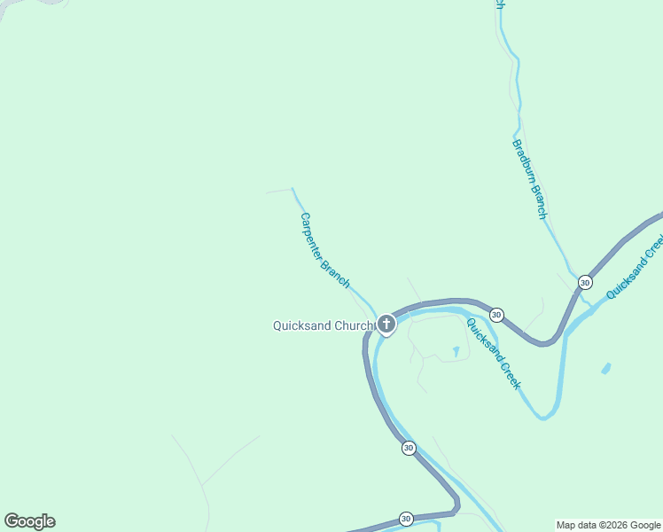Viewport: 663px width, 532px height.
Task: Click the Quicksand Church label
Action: click(324, 325)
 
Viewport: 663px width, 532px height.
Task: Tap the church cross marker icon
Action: click(386, 325)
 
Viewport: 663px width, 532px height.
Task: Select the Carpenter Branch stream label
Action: click(324, 249)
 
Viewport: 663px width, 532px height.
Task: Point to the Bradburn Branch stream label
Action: click(530, 179)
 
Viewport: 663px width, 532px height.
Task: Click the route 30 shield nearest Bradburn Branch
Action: click(585, 282)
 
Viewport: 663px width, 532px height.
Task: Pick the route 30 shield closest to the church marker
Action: click(496, 315)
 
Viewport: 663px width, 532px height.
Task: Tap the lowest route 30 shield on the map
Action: click(406, 519)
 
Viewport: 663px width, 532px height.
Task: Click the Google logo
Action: click(29, 521)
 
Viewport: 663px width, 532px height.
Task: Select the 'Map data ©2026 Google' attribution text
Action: click(609, 525)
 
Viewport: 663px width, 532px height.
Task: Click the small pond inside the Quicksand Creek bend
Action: click(456, 352)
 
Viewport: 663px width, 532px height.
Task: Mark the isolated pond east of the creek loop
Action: click(606, 368)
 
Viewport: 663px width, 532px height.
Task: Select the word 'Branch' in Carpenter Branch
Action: click(336, 272)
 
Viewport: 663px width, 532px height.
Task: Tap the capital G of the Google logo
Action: click(12, 521)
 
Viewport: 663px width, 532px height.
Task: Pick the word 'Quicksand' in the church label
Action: click(302, 325)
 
